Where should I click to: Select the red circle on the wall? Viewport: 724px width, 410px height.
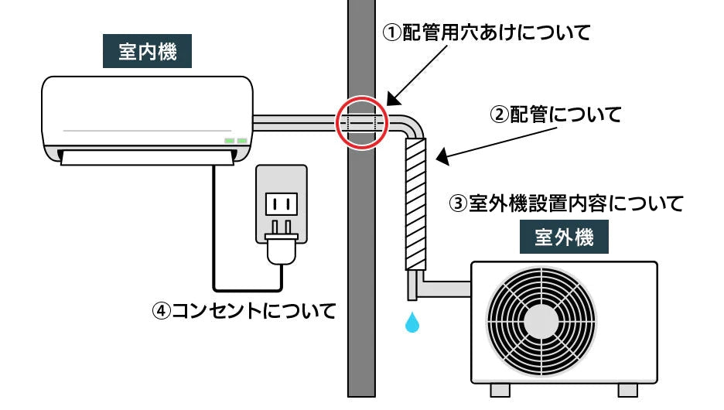362,122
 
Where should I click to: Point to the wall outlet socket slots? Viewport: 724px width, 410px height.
282,204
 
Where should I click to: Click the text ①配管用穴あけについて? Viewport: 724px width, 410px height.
487,33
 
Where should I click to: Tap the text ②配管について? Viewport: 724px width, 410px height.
556,115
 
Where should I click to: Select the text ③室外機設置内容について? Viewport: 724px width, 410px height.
567,203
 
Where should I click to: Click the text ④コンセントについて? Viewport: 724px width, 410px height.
245,311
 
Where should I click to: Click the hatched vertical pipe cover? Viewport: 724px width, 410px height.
416,203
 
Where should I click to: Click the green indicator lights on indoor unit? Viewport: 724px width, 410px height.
236,140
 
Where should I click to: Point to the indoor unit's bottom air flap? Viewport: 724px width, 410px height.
147,157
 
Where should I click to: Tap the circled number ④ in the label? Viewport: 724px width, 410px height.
161,311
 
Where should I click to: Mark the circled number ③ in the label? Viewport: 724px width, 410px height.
459,204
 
